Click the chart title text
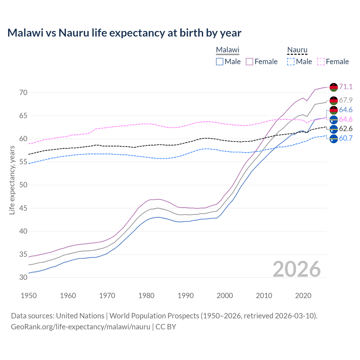pyautogui.click(x=124, y=33)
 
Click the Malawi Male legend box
pyautogui.click(x=220, y=62)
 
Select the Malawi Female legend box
pyautogui.click(x=250, y=62)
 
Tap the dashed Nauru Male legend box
pyautogui.click(x=291, y=62)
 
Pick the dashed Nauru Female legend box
pyautogui.click(x=321, y=62)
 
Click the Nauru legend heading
pyautogui.click(x=297, y=50)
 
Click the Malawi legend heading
pyautogui.click(x=228, y=50)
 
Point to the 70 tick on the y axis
pyautogui.click(x=23, y=93)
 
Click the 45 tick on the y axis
pyautogui.click(x=23, y=208)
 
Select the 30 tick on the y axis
pyautogui.click(x=23, y=278)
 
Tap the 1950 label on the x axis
pyautogui.click(x=29, y=296)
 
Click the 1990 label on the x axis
pyautogui.click(x=186, y=296)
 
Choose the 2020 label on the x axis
pyautogui.click(x=303, y=296)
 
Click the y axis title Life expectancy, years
pyautogui.click(x=12, y=180)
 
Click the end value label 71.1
pyautogui.click(x=346, y=87)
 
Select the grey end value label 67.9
pyautogui.click(x=346, y=100)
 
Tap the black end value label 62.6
pyautogui.click(x=346, y=129)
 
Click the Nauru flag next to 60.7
pyautogui.click(x=334, y=139)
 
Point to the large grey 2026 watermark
pyautogui.click(x=297, y=269)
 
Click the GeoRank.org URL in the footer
pyautogui.click(x=80, y=327)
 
